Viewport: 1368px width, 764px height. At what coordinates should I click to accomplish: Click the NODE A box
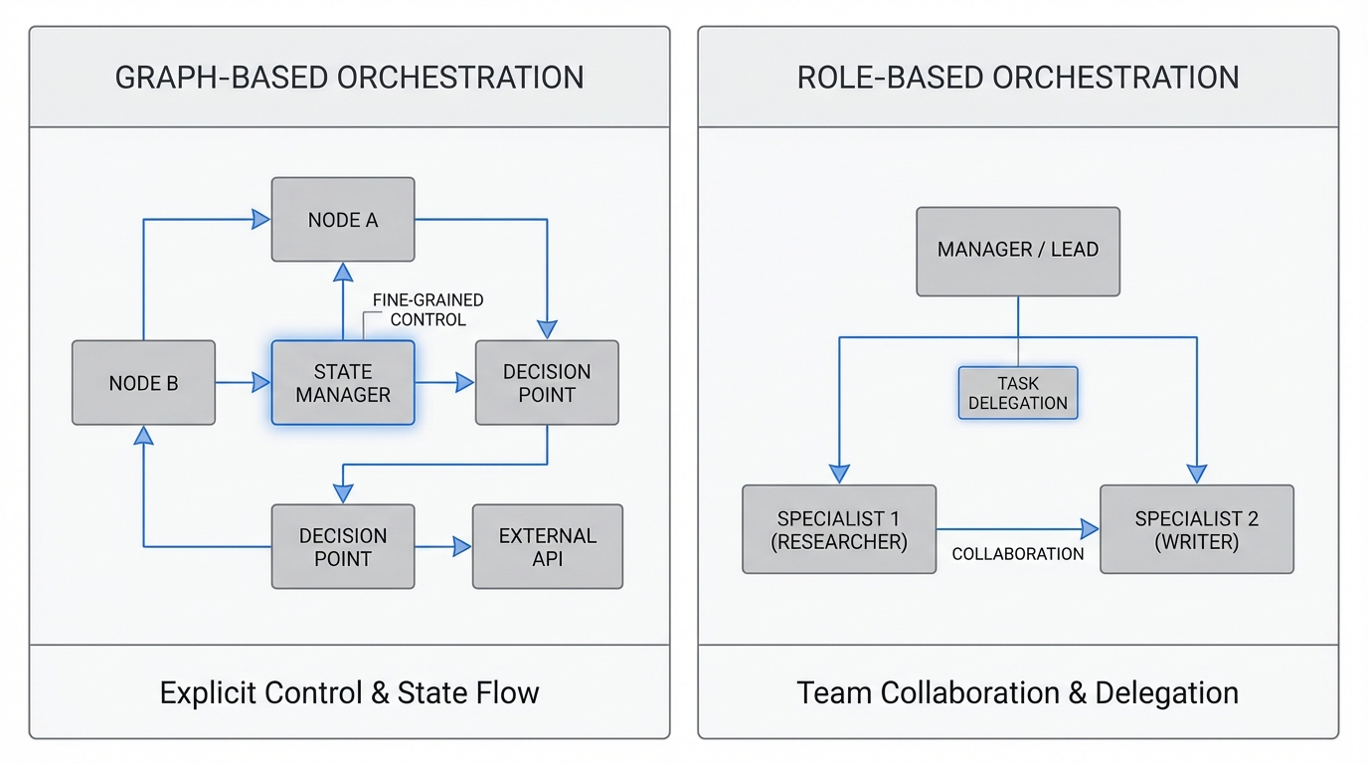click(343, 220)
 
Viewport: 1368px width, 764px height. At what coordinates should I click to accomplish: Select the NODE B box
click(143, 383)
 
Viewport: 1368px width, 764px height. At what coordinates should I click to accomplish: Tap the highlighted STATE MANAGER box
click(343, 383)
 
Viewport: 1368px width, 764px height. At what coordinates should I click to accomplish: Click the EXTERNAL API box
click(548, 546)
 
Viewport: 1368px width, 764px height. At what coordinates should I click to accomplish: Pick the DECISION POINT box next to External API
click(343, 546)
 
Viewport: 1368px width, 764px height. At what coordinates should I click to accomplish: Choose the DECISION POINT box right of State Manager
click(547, 383)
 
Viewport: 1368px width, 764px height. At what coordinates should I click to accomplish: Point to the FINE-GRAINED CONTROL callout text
click(427, 309)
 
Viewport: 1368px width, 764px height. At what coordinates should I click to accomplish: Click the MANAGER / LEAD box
click(1018, 251)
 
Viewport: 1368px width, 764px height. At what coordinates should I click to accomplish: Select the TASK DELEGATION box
click(1018, 393)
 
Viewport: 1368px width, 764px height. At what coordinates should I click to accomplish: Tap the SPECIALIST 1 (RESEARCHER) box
click(839, 529)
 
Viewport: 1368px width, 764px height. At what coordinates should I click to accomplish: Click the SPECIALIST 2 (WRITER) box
click(1196, 529)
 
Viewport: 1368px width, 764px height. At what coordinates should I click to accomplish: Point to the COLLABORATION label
click(1018, 554)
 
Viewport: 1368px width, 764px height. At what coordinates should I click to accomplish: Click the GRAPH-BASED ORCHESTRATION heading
click(349, 78)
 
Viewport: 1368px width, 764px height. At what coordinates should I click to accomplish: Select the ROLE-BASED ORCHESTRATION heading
click(1018, 78)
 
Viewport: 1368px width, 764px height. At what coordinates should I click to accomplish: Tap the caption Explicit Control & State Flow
click(349, 692)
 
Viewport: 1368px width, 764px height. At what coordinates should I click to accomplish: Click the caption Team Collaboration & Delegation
click(1018, 692)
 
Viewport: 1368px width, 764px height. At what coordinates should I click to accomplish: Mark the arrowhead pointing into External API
click(462, 546)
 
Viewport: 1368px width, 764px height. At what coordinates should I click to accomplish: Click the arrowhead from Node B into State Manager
click(261, 382)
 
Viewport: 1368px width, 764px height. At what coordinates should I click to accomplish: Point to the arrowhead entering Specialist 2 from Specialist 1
click(1090, 529)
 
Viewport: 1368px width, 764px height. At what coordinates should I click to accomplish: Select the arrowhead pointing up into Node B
click(144, 435)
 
